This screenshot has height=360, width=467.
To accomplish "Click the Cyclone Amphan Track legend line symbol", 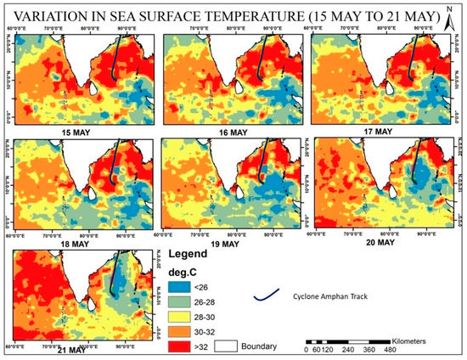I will coord(267,297).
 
